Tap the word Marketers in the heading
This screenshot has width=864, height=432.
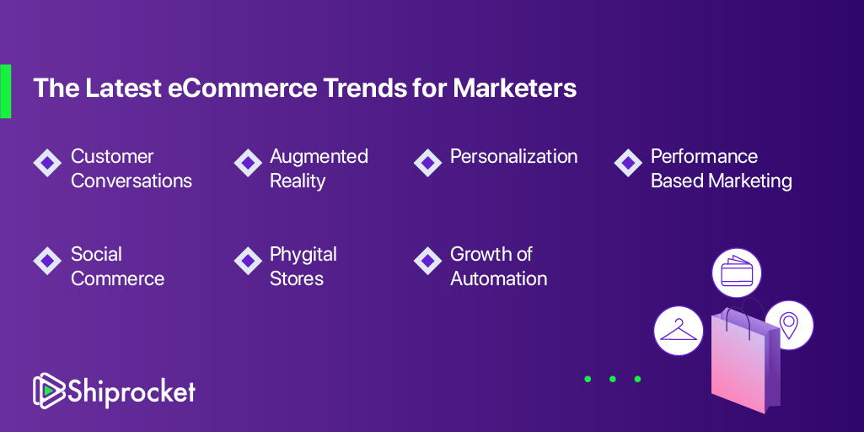coord(515,89)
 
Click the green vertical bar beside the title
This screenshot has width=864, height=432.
coord(6,91)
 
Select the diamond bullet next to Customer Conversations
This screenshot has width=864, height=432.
coord(47,163)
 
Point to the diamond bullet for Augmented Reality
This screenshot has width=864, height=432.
coord(248,163)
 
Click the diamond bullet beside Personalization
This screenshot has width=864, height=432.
coord(427,163)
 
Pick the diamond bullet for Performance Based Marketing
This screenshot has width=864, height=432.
coord(628,163)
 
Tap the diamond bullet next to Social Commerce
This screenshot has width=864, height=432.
coord(47,261)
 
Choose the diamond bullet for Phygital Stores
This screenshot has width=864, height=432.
coord(248,261)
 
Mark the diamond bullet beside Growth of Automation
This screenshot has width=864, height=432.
coord(427,261)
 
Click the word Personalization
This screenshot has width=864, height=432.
coord(513,157)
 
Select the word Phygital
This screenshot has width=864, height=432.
coord(303,256)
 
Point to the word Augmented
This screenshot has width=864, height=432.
coord(319,157)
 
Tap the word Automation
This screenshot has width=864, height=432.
coord(499,278)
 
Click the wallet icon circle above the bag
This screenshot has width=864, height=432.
coord(737,273)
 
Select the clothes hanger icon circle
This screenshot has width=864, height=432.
coord(679,331)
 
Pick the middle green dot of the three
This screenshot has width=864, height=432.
coord(613,379)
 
